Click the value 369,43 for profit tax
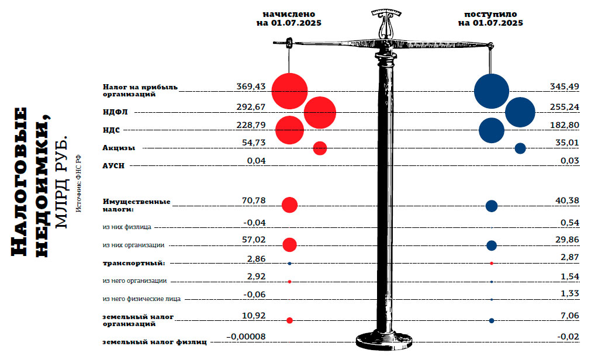[251, 86]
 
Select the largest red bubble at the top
[289, 91]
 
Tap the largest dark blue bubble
[492, 91]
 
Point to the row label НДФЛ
[115, 112]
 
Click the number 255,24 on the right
[565, 107]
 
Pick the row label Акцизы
[119, 148]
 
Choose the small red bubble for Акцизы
[320, 148]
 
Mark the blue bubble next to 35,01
[520, 148]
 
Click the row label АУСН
[113, 166]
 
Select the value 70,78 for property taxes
[254, 200]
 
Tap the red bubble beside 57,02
[289, 245]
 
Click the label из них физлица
[127, 227]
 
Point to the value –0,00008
[246, 337]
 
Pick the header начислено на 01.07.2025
[289, 19]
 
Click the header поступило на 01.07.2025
[490, 19]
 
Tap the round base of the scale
[384, 340]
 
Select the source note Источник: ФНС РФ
[78, 183]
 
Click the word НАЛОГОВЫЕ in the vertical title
[19, 182]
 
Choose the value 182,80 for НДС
[565, 125]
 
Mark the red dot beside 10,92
[289, 320]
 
